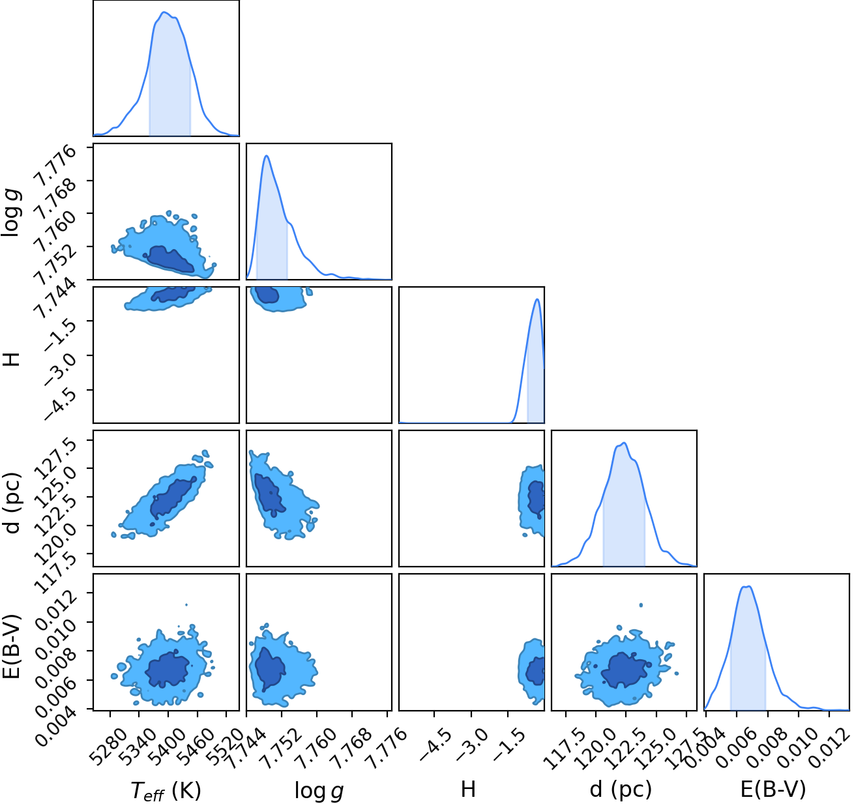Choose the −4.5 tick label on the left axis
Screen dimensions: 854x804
pos(59,404)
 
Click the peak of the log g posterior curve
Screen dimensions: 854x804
pos(267,156)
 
